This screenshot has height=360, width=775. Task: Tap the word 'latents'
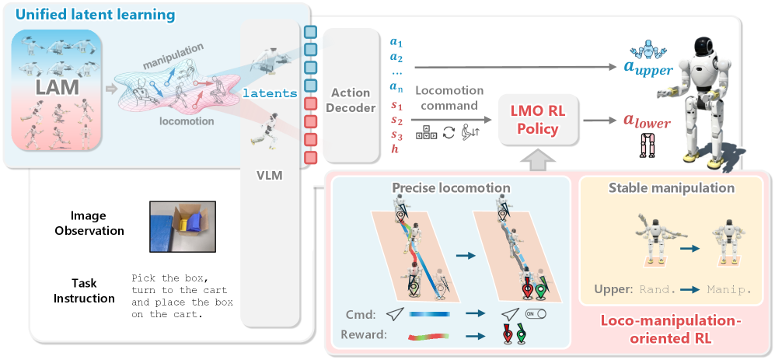point(270,93)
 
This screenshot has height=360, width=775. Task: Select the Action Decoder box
point(351,99)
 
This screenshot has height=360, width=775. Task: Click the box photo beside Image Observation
point(182,226)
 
